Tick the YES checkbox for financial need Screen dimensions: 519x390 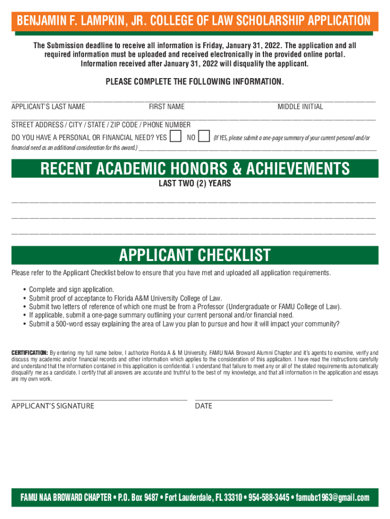tap(176, 137)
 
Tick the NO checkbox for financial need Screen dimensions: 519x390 tap(204, 137)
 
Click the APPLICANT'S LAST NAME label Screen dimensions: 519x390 tap(48, 106)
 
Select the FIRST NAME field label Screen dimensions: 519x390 tap(167, 106)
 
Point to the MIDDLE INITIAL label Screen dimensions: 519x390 tap(300, 106)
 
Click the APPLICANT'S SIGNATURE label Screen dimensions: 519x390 tap(53, 405)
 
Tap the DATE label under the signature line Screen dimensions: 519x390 tap(204, 405)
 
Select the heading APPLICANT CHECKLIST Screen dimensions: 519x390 tap(195, 255)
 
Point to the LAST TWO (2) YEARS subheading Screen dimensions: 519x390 tap(195, 183)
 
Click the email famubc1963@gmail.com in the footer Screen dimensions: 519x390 tap(333, 497)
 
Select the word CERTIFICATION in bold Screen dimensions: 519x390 tap(29, 352)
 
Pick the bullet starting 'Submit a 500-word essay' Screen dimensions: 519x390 tap(184, 324)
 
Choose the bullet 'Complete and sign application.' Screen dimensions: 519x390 tap(71, 289)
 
